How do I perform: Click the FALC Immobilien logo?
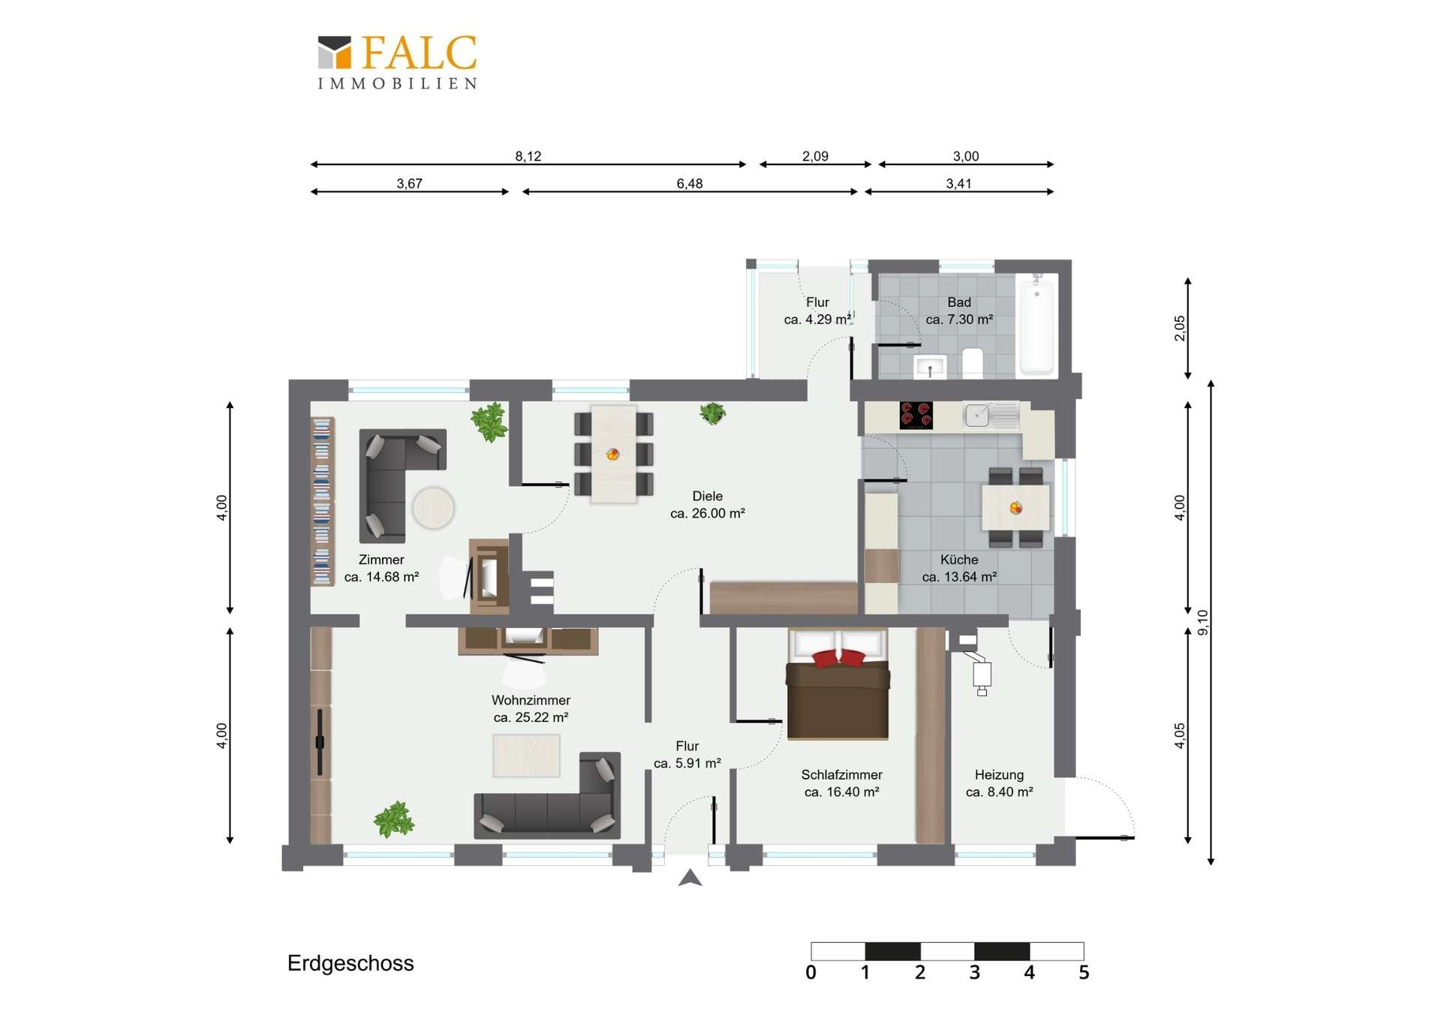[397, 62]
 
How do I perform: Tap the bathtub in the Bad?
[1036, 326]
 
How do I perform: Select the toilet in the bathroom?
[973, 363]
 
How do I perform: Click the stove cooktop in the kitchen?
[916, 415]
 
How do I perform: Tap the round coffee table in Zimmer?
[433, 508]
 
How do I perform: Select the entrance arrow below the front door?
[690, 878]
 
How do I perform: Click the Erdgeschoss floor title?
[350, 963]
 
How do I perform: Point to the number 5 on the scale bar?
[1084, 972]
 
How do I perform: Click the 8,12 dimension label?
[528, 156]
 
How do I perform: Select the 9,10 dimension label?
[1203, 623]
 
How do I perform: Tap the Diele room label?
[708, 496]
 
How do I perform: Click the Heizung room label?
[999, 775]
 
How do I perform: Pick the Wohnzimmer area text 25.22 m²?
[531, 717]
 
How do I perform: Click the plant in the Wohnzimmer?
[394, 819]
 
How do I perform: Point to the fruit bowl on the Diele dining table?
[613, 454]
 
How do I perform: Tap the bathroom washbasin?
[930, 367]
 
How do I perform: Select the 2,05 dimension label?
[1180, 328]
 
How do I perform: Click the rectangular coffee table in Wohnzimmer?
[526, 755]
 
